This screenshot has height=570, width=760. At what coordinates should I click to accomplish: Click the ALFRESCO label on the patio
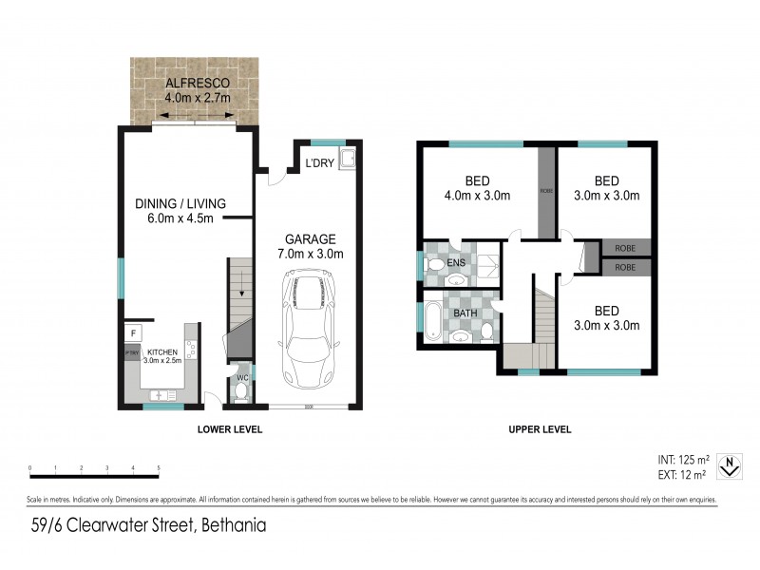click(x=198, y=81)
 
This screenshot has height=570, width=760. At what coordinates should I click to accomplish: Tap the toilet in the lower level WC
click(x=240, y=388)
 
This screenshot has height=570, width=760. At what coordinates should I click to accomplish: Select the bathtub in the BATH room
click(x=432, y=321)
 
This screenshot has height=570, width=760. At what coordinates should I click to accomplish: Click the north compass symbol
click(x=728, y=465)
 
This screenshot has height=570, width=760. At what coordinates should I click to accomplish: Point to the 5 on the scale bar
click(x=158, y=468)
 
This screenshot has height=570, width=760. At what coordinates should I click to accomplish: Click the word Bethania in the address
click(x=230, y=524)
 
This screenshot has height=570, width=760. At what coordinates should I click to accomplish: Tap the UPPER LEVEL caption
click(x=539, y=429)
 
